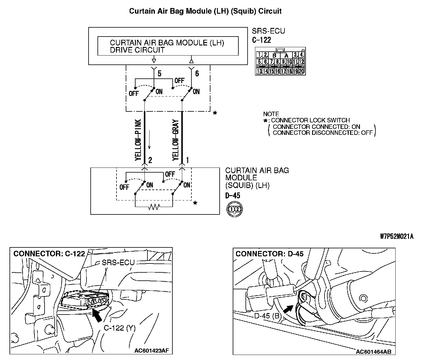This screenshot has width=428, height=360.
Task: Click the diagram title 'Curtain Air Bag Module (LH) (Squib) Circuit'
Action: click(x=205, y=11)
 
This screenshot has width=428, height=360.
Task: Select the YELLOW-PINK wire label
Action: click(x=138, y=140)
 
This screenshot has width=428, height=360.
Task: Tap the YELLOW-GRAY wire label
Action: click(x=175, y=140)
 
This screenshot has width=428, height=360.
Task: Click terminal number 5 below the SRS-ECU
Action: click(x=159, y=74)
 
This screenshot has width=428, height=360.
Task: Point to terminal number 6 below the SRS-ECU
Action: click(x=197, y=74)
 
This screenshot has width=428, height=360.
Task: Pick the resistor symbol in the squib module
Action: click(x=154, y=206)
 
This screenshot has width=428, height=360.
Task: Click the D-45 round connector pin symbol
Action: click(x=235, y=209)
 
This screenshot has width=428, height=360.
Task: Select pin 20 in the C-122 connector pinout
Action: click(x=301, y=71)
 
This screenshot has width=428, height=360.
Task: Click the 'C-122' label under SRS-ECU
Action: click(x=261, y=40)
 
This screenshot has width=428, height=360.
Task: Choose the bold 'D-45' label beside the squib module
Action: click(x=233, y=196)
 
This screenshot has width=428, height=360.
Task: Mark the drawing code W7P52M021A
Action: click(x=397, y=236)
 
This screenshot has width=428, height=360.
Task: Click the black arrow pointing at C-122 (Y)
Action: click(x=97, y=315)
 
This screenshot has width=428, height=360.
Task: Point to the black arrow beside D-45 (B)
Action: click(x=287, y=309)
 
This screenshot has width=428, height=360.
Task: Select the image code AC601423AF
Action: click(x=152, y=350)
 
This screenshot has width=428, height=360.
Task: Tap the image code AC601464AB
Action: click(x=374, y=352)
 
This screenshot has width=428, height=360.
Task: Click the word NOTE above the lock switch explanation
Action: click(x=271, y=114)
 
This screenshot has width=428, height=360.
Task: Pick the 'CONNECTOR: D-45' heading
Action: click(x=270, y=254)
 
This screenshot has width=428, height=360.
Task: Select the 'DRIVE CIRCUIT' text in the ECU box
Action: click(x=137, y=50)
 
